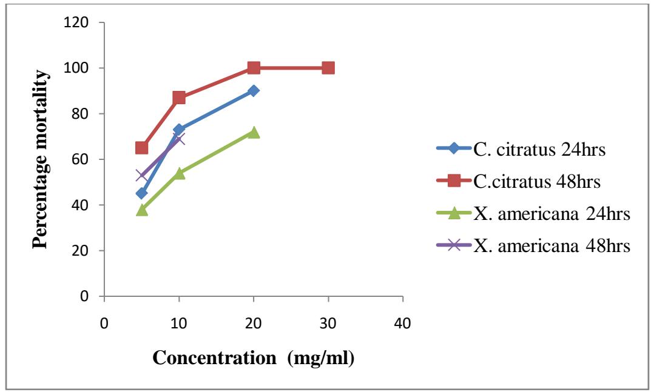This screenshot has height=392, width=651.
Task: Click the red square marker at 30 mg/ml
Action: (x=328, y=68)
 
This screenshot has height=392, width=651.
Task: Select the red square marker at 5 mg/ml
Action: (x=141, y=148)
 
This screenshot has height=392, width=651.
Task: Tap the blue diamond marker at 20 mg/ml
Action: (x=254, y=91)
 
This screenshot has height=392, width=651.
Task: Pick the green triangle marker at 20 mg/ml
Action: (x=254, y=132)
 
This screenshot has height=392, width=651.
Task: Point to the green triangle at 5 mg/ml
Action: (x=141, y=210)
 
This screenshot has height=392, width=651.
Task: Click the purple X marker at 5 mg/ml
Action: (x=141, y=175)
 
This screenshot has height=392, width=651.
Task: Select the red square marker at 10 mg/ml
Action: (x=179, y=98)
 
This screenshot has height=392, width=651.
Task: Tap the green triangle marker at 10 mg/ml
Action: (x=179, y=173)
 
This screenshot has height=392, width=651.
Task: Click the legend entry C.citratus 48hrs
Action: (x=522, y=180)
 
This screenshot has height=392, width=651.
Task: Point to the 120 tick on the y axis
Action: (x=80, y=23)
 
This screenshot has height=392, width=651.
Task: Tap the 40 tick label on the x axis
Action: (x=402, y=324)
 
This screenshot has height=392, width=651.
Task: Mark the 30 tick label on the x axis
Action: (x=328, y=324)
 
